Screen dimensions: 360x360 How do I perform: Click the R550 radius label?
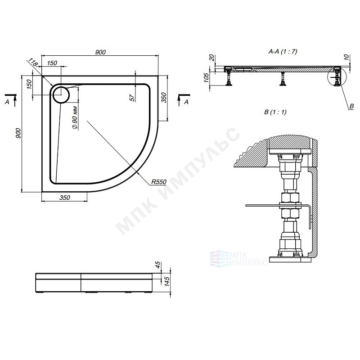pos(159,182)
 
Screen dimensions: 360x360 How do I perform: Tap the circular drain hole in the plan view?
pos(61,95)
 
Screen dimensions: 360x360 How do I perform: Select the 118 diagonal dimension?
pos(32,62)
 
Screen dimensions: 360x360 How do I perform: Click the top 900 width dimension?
pos(100,52)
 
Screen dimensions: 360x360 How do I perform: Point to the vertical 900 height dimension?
pos(18,133)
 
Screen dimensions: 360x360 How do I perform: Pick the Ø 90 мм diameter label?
pos(75,117)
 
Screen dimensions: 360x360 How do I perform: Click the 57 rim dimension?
pos(132,98)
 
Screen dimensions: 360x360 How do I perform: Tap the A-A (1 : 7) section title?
pos(283,51)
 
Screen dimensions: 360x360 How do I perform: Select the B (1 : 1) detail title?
pos(275,112)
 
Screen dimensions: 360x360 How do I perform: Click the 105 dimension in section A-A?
pos(206,77)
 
